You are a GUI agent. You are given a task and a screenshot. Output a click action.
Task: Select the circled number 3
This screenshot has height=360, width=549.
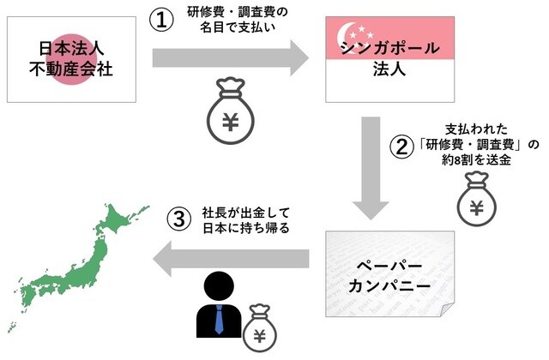[x=177, y=219]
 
